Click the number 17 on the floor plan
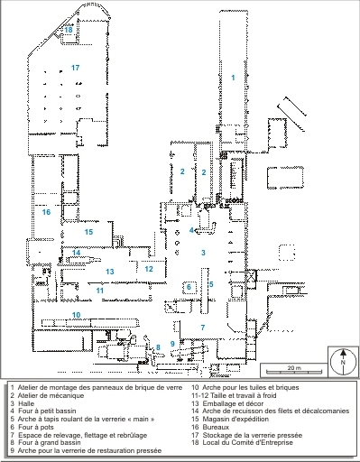[x=76, y=68]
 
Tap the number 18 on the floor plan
[x=68, y=30]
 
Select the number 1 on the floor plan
[x=234, y=79]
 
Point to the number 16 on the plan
[x=46, y=213]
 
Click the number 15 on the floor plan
[x=88, y=232]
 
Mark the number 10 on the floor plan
[x=78, y=315]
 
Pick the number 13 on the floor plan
[x=109, y=271]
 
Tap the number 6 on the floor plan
[x=189, y=287]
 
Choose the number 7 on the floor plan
[x=203, y=327]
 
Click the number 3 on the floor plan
[x=204, y=253]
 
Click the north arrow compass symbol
[x=343, y=361]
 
